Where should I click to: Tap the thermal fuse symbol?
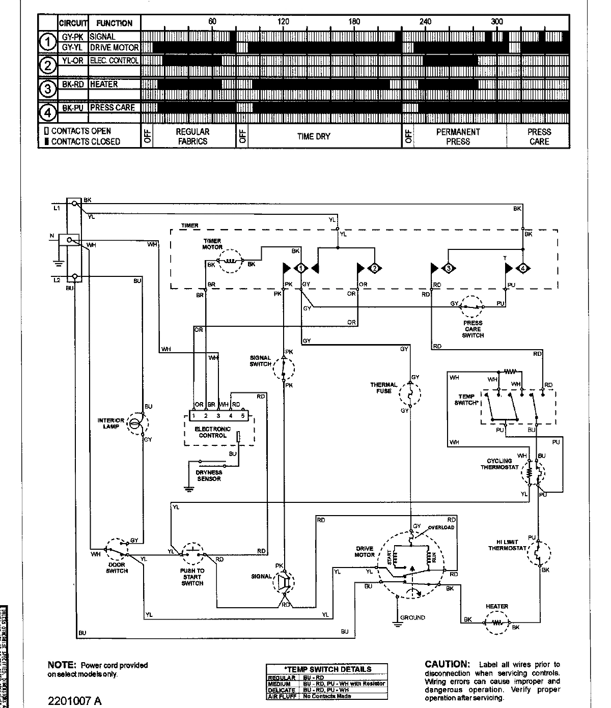click(409, 392)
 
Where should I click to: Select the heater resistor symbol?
click(496, 622)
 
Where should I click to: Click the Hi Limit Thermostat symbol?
click(538, 553)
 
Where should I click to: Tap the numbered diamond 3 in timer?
click(449, 268)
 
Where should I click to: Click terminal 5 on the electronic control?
click(243, 416)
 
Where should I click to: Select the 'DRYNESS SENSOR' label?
click(209, 475)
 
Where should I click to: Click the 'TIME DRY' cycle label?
click(314, 136)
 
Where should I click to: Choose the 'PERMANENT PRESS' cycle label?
click(458, 136)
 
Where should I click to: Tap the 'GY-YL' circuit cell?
click(73, 47)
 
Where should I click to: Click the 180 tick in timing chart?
click(354, 22)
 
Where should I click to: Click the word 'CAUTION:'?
click(447, 664)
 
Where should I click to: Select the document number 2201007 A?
click(75, 701)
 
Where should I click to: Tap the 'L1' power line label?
click(57, 209)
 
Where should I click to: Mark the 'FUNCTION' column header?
click(114, 23)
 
